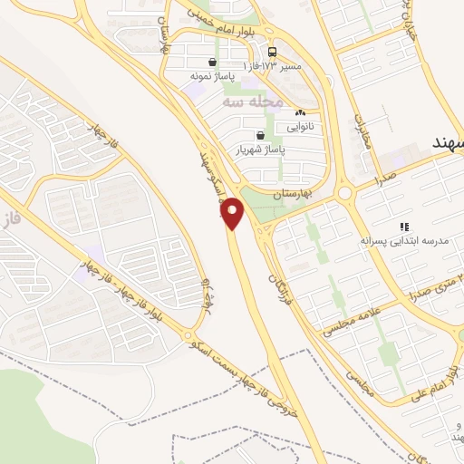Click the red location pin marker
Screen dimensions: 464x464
[x=234, y=213]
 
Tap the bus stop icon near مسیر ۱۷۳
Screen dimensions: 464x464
[x=272, y=51]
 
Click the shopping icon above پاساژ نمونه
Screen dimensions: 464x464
[x=212, y=63]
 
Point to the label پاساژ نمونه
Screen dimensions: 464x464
[x=206, y=78]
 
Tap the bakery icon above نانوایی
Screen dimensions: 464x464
[x=300, y=112]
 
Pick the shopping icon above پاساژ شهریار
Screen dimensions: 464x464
[x=261, y=135]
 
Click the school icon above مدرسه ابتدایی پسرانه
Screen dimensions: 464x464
[x=404, y=227]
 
